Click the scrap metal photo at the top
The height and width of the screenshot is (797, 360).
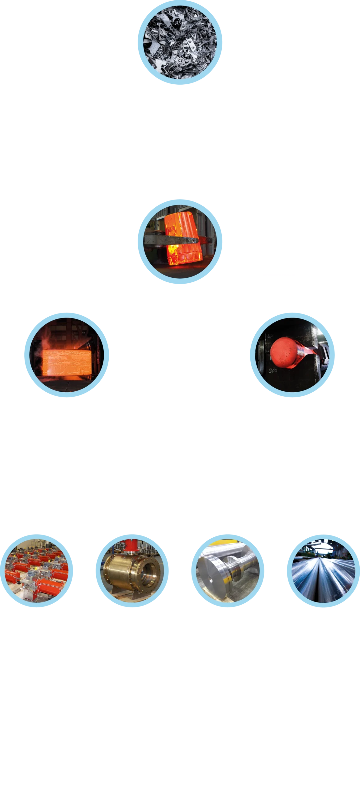pos(180,42)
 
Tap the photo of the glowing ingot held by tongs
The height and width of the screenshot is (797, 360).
pos(180,242)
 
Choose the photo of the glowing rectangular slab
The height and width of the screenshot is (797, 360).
pos(66,355)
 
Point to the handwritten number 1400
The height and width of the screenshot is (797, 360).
pos(273,371)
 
